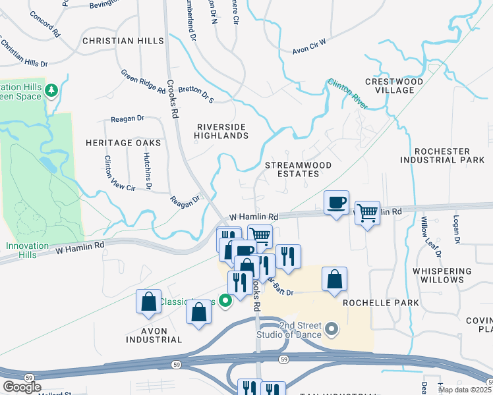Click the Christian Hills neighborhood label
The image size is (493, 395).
pyautogui.click(x=123, y=41)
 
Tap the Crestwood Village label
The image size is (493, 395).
pyautogui.click(x=394, y=86)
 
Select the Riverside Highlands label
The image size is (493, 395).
pyautogui.click(x=221, y=131)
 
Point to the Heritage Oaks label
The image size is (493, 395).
pyautogui.click(x=123, y=142)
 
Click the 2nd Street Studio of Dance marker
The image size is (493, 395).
pyautogui.click(x=331, y=327)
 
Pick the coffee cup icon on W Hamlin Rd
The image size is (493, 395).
pyautogui.click(x=336, y=202)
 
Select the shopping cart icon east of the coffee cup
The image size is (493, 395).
pyautogui.click(x=367, y=213)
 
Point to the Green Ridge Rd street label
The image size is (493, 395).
pyautogui.click(x=143, y=80)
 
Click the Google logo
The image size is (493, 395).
pyautogui.click(x=22, y=386)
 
